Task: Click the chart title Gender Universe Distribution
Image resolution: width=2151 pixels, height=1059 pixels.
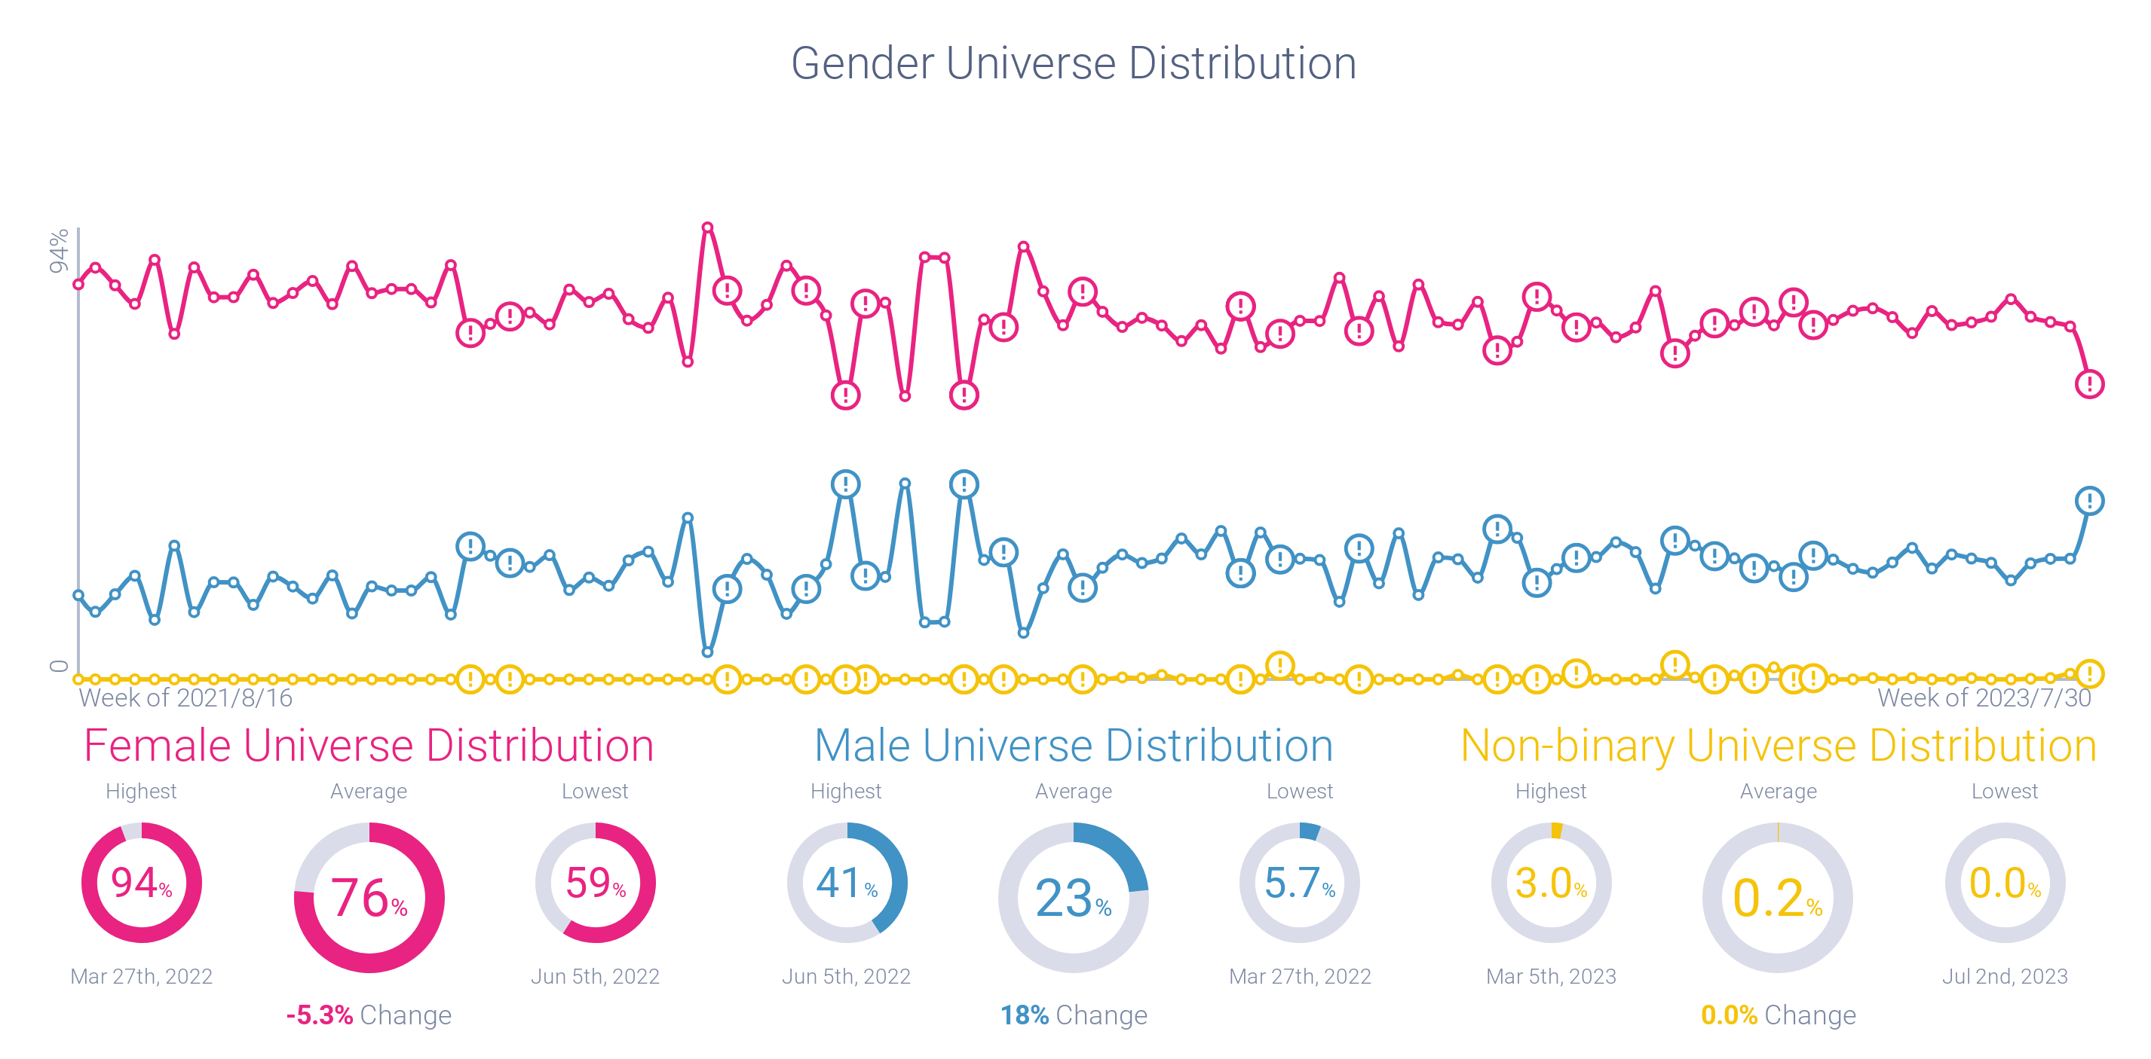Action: tap(1073, 63)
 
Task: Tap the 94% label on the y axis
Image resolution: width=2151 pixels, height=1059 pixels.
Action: tap(59, 250)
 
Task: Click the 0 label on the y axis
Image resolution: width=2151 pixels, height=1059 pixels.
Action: tap(59, 666)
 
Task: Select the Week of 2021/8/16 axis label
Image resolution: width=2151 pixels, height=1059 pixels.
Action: tap(185, 697)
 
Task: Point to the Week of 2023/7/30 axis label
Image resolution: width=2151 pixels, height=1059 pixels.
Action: tap(1984, 697)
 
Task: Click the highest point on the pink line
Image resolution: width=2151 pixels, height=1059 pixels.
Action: tap(707, 227)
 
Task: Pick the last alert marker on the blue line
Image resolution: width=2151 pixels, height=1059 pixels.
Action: tap(2089, 501)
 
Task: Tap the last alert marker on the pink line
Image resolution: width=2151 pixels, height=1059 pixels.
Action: tap(2089, 384)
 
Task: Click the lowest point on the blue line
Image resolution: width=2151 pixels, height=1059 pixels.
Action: tap(707, 652)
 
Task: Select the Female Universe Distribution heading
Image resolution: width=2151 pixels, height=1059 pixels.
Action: tap(368, 745)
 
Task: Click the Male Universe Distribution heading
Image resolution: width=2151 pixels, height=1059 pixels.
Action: tap(1073, 745)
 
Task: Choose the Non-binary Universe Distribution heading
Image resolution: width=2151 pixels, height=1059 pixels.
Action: tap(1778, 745)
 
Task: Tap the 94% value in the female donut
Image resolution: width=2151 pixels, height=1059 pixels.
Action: tap(140, 883)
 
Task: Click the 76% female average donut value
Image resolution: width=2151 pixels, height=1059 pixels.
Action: tap(368, 898)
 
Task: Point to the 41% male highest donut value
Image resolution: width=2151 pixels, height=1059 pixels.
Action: tap(846, 883)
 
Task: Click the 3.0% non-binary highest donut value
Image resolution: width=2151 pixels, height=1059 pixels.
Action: tap(1551, 883)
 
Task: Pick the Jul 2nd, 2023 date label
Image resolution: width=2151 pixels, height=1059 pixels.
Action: tap(2004, 976)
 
